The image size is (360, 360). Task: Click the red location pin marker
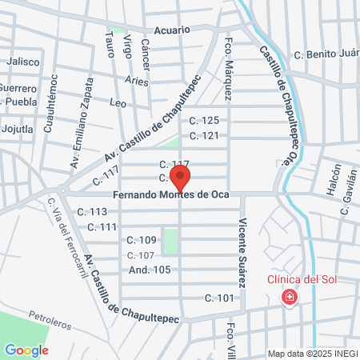tap(181, 178)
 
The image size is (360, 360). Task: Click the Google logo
tap(26, 350)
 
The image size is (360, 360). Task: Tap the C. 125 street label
tap(204, 121)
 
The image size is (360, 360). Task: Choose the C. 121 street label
tap(204, 135)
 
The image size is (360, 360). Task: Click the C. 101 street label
tap(218, 298)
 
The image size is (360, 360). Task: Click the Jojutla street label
tap(18, 129)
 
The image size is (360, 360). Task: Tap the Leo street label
tap(117, 103)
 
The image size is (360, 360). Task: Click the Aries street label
tap(138, 81)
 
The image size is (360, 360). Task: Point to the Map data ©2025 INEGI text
tap(312, 354)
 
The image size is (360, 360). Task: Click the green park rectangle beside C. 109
tap(170, 239)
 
